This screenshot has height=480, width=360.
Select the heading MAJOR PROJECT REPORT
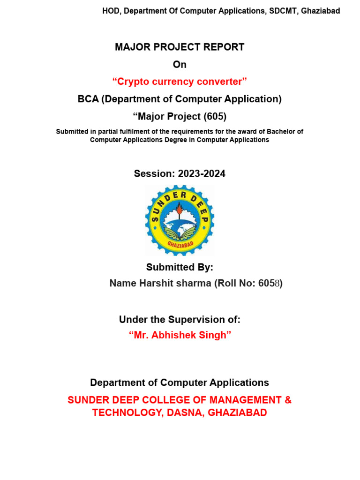[180, 47]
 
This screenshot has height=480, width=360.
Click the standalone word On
[180, 65]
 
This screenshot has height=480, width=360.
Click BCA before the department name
[88, 99]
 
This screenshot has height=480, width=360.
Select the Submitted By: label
[180, 267]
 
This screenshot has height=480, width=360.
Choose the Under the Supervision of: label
[180, 320]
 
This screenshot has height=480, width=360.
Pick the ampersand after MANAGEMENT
[287, 400]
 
